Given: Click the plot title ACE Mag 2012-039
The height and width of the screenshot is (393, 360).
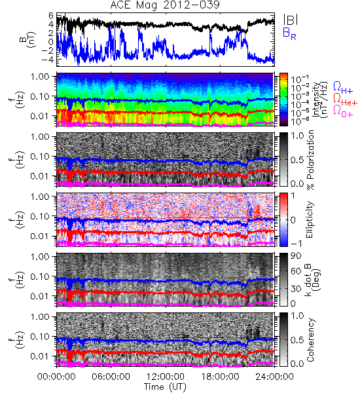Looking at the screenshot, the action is pos(165,5).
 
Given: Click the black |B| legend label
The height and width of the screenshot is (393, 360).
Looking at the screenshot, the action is pos(291,19).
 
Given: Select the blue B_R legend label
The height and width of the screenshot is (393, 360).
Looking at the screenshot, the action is pos(289,33).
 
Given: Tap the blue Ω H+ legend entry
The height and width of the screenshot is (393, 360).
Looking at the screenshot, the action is pos(343,88).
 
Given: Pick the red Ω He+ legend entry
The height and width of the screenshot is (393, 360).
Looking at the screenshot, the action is pos(345,100).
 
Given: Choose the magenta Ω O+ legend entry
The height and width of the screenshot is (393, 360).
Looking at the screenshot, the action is pos(343,111).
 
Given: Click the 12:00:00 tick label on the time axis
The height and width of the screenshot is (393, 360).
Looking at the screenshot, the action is pos(166,377).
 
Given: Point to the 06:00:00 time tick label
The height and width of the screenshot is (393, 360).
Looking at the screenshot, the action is pos(111,377).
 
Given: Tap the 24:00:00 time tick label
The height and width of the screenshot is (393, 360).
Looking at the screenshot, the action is pos(274,377).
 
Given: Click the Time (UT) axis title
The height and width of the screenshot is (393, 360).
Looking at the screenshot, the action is pos(165,387).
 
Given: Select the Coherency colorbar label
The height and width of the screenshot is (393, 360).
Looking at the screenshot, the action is pos(310,340).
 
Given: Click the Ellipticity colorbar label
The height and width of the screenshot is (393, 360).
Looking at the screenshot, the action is pos(310,219).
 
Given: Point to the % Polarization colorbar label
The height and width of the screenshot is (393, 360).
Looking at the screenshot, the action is pos(310,160).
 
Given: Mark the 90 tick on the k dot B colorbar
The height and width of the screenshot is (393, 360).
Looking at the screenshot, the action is pos(296,256).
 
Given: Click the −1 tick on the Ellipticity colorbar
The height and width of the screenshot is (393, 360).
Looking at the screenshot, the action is pos(296,244).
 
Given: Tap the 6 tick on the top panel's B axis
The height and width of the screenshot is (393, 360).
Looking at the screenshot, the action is pos(51,16).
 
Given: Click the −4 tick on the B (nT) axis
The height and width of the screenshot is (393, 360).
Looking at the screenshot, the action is pos(48,60).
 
